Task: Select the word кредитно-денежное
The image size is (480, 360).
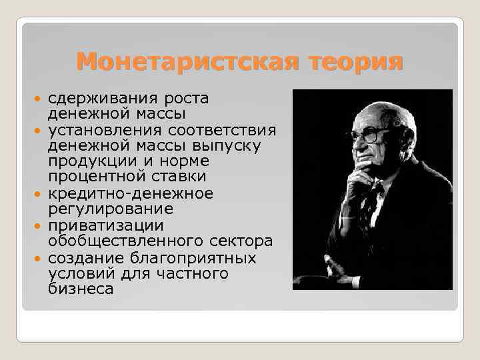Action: [x=131, y=193]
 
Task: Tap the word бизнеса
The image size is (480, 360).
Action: [x=81, y=289]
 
